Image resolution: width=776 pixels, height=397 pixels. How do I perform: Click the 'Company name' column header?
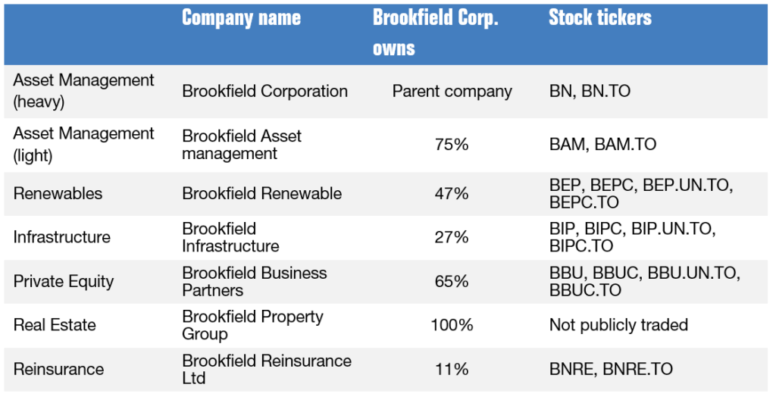tap(241, 18)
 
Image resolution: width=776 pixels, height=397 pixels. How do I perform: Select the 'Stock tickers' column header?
tap(599, 18)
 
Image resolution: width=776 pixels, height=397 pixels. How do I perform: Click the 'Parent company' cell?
tap(452, 92)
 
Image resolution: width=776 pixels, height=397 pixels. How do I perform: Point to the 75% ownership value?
tap(452, 143)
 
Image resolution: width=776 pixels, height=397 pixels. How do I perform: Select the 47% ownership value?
tap(452, 194)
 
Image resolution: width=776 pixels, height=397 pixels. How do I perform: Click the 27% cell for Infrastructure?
tap(452, 238)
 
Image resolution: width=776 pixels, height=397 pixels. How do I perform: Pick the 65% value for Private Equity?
tap(452, 282)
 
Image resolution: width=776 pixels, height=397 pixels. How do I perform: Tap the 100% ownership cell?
tap(452, 326)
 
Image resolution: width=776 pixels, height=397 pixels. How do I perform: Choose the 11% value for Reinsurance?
tap(452, 370)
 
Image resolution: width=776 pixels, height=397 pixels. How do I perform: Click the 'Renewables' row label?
tap(58, 194)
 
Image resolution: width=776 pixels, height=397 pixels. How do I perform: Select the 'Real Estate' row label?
tap(55, 326)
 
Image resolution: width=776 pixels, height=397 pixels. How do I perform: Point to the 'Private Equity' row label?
tap(64, 282)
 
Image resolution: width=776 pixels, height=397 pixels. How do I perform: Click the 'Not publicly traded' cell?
tap(618, 326)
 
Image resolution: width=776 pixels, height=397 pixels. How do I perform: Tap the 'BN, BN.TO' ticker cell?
tap(590, 92)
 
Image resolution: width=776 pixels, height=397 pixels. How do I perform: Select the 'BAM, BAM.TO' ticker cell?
tap(602, 143)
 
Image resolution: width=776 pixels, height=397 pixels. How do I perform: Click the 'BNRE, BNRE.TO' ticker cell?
tap(611, 370)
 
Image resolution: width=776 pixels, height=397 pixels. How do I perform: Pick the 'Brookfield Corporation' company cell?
tap(264, 92)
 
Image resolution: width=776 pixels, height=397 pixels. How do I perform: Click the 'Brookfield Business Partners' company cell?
tap(254, 282)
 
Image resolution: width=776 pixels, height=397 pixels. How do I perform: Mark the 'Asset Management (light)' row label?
tap(83, 143)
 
